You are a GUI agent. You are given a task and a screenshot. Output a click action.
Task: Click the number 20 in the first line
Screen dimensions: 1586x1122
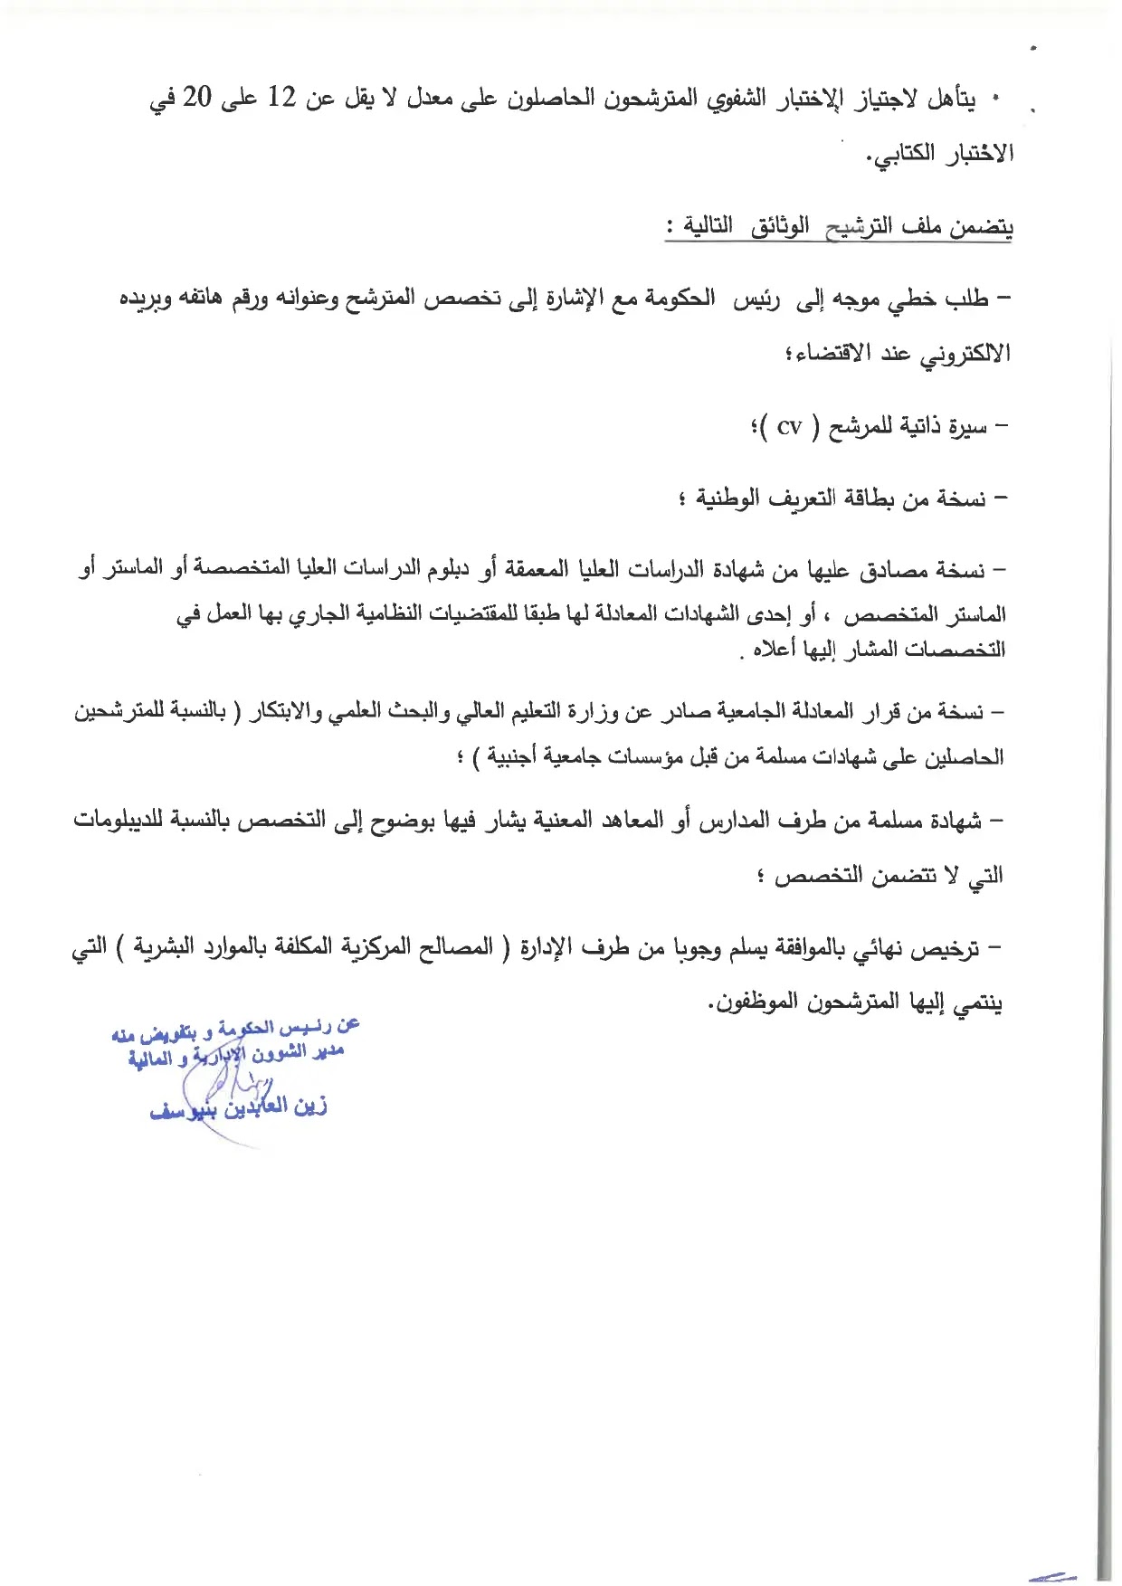[x=197, y=98]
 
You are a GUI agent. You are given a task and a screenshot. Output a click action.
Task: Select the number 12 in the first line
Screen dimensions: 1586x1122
[x=282, y=98]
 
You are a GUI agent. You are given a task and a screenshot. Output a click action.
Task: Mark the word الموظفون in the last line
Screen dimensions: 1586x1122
[x=756, y=1002]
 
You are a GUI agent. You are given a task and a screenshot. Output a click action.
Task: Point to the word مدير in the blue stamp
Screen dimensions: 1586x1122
[x=325, y=1051]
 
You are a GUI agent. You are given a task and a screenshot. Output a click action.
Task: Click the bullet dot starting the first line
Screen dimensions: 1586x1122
[x=997, y=97]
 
